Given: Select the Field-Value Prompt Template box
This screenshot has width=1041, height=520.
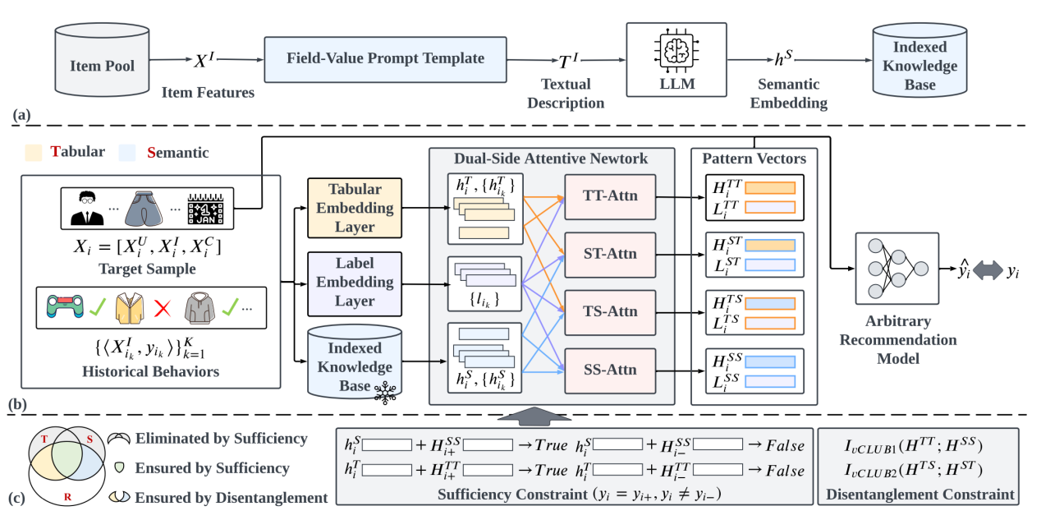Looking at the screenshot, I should click(385, 59).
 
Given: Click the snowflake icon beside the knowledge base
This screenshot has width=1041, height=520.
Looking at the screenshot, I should click(384, 393).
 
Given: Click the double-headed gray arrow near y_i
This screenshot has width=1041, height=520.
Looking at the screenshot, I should click(984, 269).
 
